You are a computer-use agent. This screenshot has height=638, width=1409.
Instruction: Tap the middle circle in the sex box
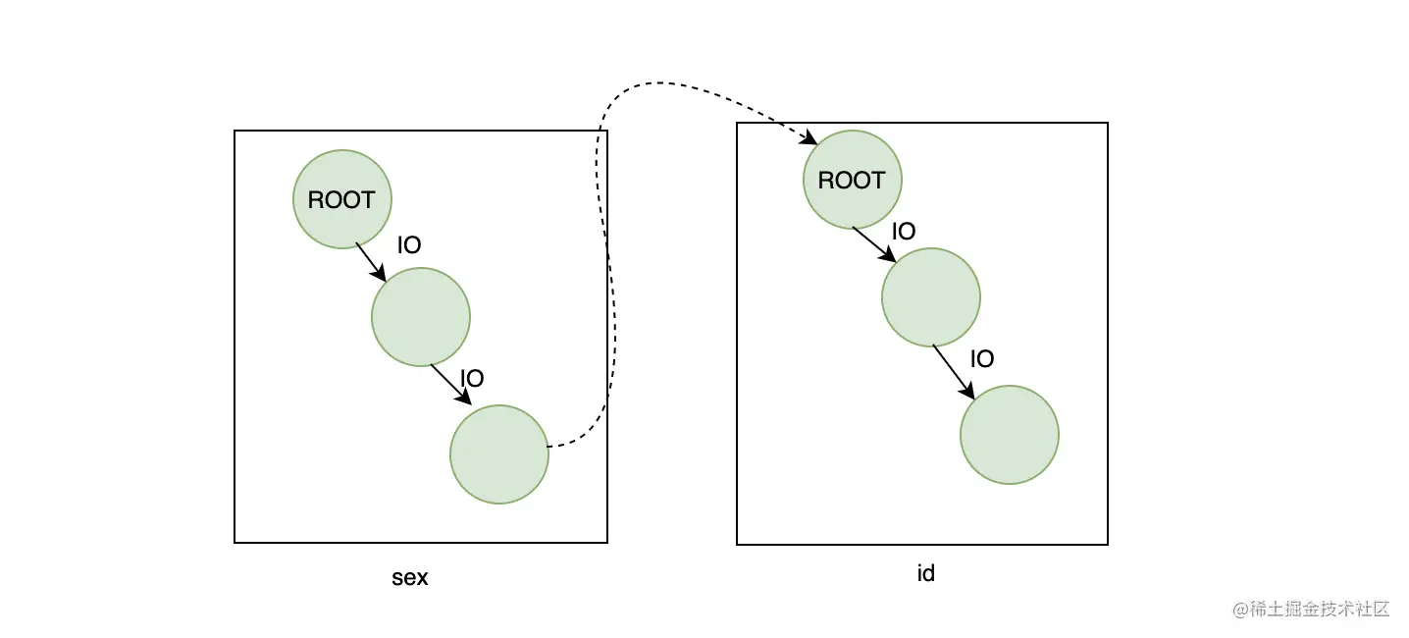coord(421,316)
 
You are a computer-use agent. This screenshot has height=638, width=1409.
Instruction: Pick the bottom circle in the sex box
coord(499,454)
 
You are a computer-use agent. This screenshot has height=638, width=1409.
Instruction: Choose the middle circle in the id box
coord(931,296)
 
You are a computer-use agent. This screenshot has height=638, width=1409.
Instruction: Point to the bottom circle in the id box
coord(1010,435)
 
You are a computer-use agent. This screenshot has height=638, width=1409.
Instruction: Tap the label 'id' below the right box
coord(925,573)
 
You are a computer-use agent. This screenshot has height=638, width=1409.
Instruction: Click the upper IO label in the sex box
coord(409,245)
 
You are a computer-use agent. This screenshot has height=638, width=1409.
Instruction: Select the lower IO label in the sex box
coord(472,378)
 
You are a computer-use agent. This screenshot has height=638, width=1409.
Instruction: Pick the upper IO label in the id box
coord(903,232)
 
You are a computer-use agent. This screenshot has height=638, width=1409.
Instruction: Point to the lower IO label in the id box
coord(982,359)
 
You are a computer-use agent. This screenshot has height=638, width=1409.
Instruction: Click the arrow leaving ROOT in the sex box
coord(371,262)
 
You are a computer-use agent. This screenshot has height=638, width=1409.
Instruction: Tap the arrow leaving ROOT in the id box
coord(873,243)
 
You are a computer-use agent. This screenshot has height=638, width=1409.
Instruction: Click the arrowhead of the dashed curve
coord(810,140)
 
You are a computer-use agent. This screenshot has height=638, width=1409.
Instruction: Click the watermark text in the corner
coord(1311,609)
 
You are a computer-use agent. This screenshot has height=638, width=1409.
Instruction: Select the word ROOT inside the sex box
coord(341,200)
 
